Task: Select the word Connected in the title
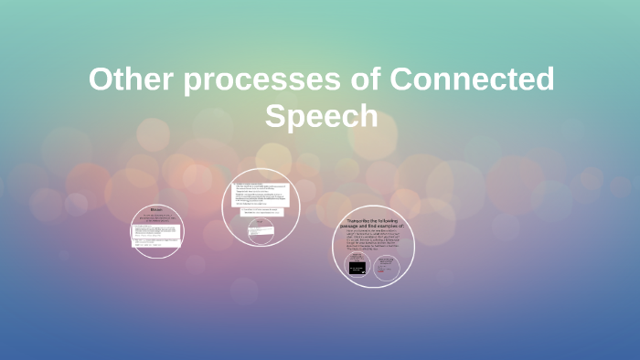[x=472, y=80]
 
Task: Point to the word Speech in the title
[x=321, y=116]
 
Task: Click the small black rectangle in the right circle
[x=357, y=268]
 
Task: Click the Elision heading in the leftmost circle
[x=156, y=209]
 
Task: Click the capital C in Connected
[x=402, y=80]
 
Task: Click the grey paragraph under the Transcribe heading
[x=373, y=246]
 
